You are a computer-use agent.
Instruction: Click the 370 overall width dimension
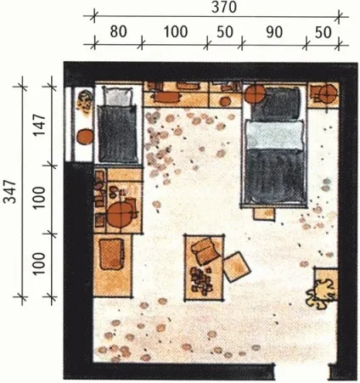[223, 7]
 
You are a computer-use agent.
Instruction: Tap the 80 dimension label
[118, 31]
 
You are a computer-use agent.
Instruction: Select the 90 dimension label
[274, 32]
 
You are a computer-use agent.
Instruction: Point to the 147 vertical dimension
[39, 125]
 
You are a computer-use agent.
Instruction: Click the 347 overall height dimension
[10, 191]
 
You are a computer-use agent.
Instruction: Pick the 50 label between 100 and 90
[225, 32]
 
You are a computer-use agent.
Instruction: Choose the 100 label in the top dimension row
[176, 31]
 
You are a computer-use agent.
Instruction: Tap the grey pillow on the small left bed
[118, 96]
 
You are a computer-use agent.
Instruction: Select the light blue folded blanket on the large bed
[275, 135]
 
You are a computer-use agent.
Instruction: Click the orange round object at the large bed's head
[255, 93]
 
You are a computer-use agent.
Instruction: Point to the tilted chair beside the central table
[237, 267]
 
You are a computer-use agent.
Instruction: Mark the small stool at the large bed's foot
[264, 214]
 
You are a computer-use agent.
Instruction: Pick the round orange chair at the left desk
[121, 214]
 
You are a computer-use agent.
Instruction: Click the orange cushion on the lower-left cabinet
[111, 254]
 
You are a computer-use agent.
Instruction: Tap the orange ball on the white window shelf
[85, 137]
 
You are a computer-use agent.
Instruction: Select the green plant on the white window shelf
[85, 103]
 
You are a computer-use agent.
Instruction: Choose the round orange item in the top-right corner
[329, 93]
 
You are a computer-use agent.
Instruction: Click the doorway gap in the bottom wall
[301, 371]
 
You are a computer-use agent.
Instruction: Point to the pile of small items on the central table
[201, 280]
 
